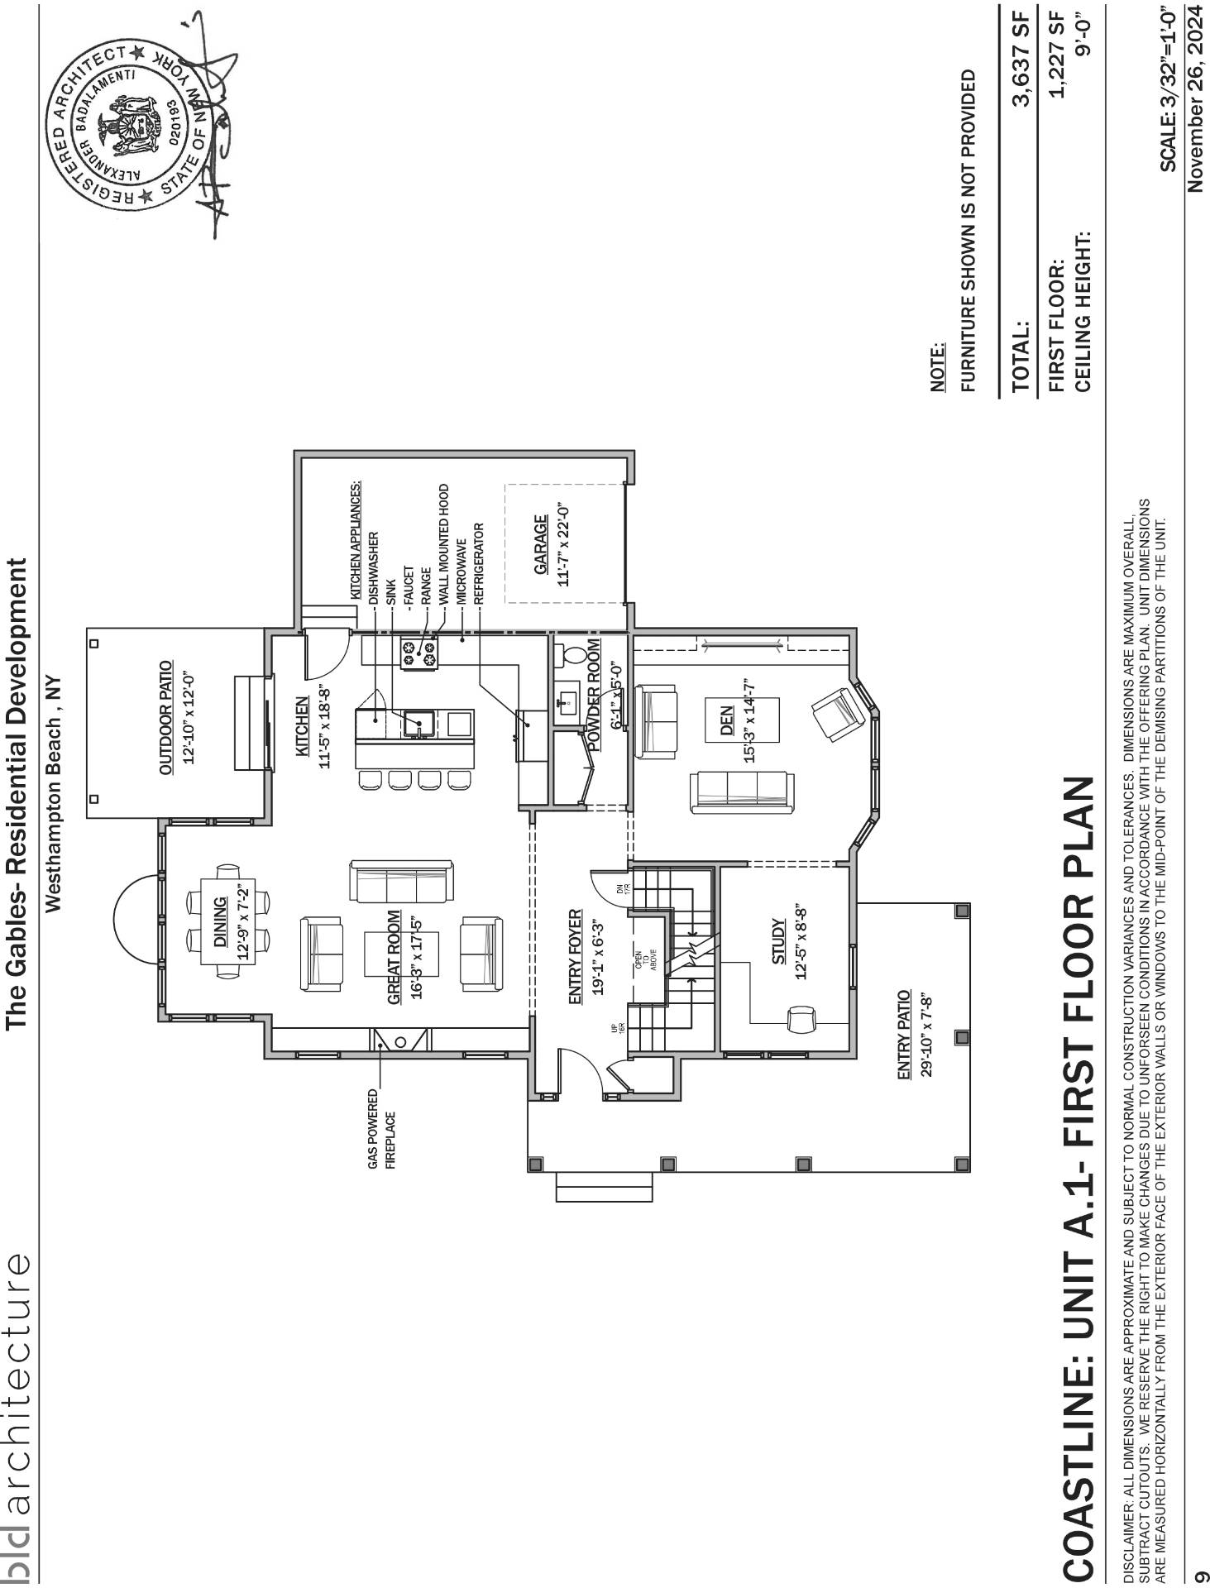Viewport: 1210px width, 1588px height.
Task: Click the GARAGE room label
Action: (x=540, y=545)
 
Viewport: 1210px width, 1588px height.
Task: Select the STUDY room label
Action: (x=779, y=942)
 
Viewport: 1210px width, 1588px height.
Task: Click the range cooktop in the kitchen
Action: (x=418, y=653)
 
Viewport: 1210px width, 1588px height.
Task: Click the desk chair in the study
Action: (x=801, y=1019)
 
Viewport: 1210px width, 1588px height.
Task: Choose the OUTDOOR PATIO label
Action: (x=166, y=717)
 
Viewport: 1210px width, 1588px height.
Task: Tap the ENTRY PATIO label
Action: (x=904, y=1033)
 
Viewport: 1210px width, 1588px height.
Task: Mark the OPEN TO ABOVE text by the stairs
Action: (x=646, y=959)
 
